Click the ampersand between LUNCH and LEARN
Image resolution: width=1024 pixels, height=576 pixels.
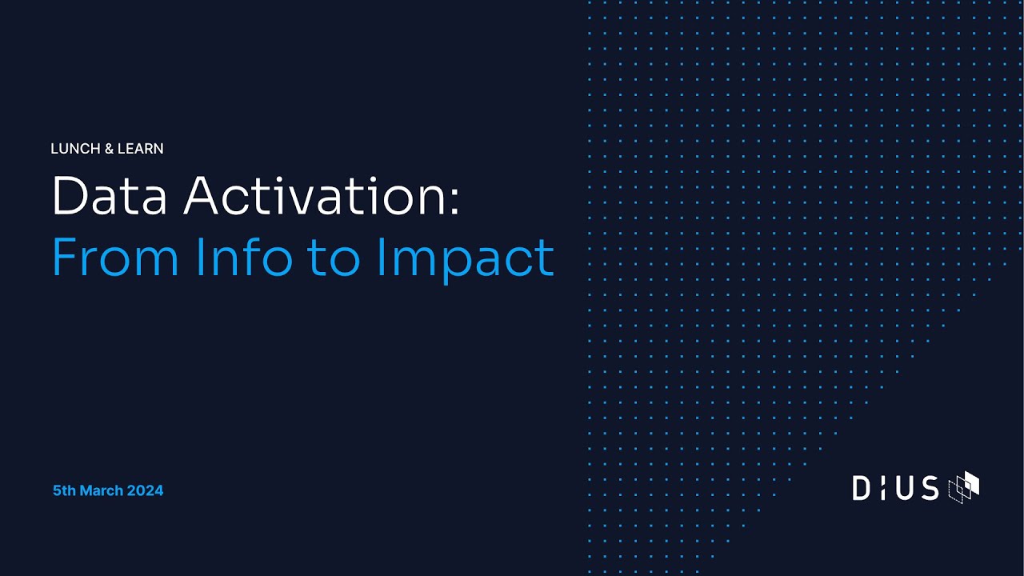coord(109,149)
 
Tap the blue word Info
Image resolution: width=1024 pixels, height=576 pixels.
coord(243,257)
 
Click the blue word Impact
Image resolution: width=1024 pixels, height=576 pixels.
coord(465,258)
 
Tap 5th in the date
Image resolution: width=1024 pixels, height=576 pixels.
coord(64,490)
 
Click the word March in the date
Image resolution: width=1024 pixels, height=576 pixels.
coord(102,490)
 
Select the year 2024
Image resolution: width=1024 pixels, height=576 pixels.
coord(146,490)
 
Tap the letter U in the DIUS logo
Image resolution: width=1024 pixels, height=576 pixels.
coord(905,487)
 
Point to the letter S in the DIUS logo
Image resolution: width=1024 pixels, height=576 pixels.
coord(930,487)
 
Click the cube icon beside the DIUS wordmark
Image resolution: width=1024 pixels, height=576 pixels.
coord(963,486)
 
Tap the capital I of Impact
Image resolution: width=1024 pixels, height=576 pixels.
coord(380,257)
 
